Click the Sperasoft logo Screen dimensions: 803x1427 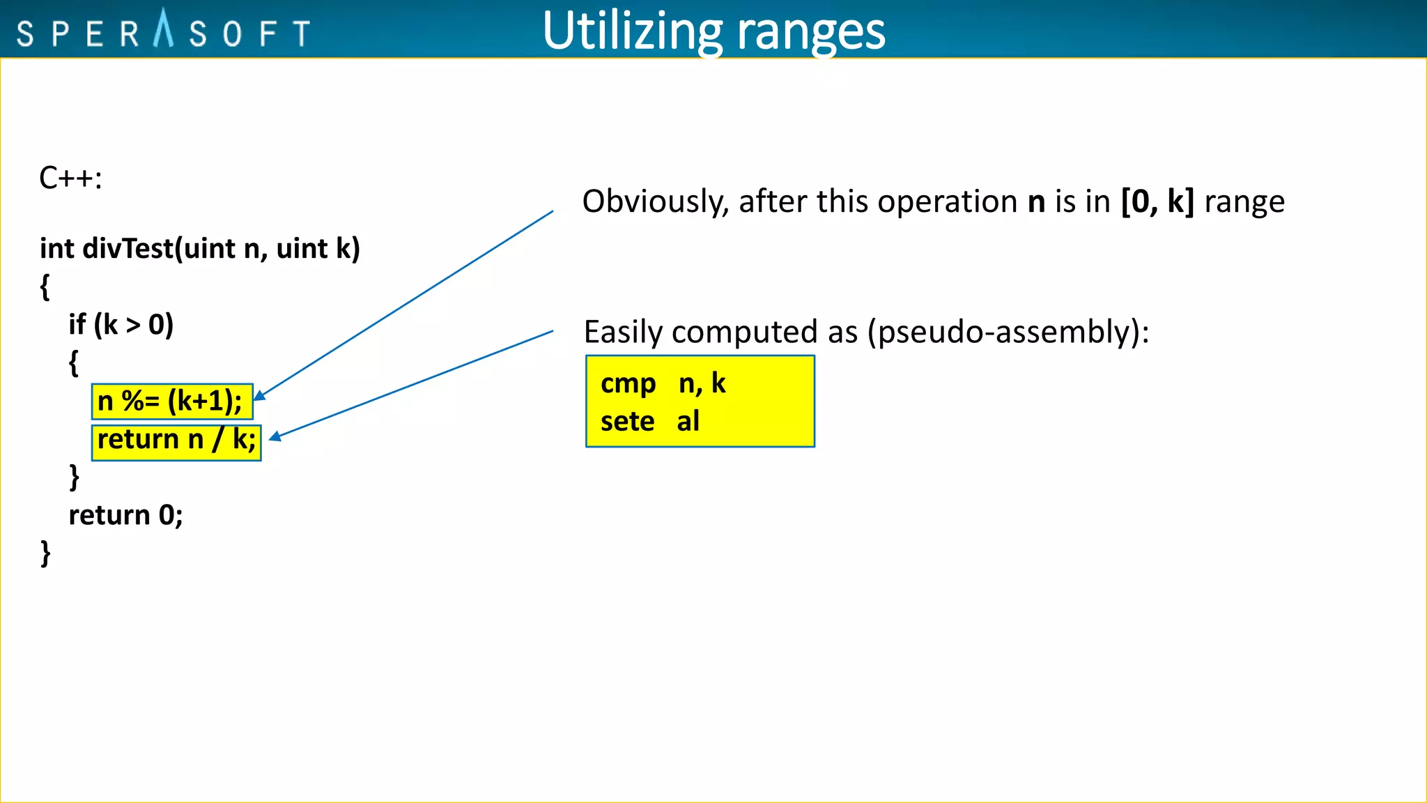pyautogui.click(x=164, y=32)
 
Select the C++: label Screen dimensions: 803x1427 pyautogui.click(x=70, y=178)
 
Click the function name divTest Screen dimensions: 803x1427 pyautogui.click(x=128, y=249)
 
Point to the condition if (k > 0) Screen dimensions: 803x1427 pyautogui.click(x=121, y=325)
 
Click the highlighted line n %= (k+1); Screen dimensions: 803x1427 pyautogui.click(x=171, y=401)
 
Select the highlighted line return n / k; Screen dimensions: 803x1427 pyautogui.click(x=176, y=440)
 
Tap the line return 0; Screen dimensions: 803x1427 pyautogui.click(x=125, y=515)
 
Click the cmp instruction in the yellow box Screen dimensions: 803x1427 pyautogui.click(x=628, y=383)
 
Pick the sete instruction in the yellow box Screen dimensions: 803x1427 pyautogui.click(x=627, y=422)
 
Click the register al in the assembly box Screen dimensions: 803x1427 pyautogui.click(x=688, y=422)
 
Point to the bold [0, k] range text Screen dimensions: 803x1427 pyautogui.click(x=1157, y=202)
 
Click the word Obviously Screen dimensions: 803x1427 pyautogui.click(x=655, y=202)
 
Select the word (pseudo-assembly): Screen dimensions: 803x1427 pyautogui.click(x=1008, y=332)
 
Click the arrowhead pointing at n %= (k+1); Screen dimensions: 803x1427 pyautogui.click(x=259, y=396)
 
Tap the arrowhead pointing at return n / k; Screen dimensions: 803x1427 pyautogui.click(x=275, y=437)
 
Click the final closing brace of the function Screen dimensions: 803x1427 pyautogui.click(x=45, y=553)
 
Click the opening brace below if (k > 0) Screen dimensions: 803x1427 pyautogui.click(x=73, y=363)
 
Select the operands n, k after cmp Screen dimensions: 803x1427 pyautogui.click(x=702, y=383)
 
